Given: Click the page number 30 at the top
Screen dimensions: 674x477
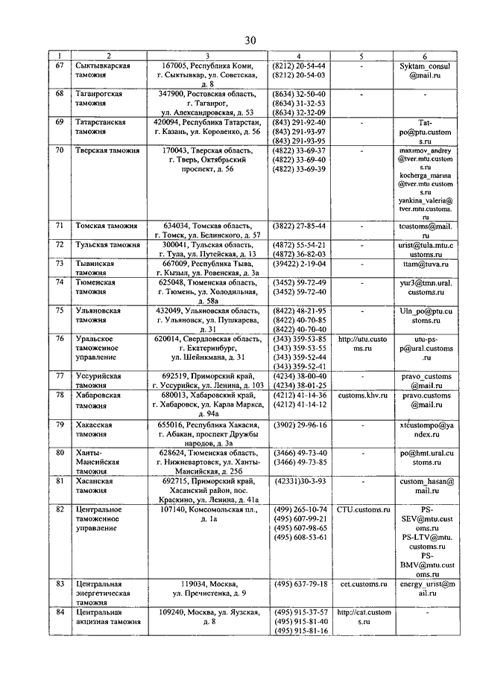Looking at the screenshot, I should click(x=250, y=39).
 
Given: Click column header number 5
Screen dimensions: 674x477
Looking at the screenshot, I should click(x=361, y=56).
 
